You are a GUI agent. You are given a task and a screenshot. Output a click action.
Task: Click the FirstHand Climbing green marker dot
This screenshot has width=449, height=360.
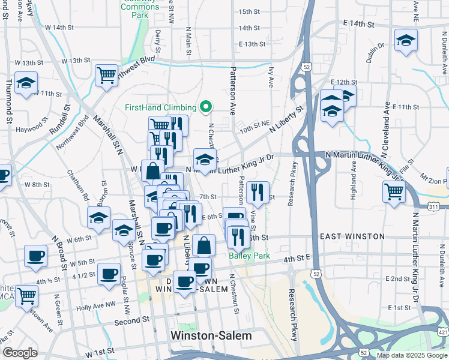206,107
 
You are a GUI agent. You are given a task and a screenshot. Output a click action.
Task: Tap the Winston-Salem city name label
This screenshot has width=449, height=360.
211,335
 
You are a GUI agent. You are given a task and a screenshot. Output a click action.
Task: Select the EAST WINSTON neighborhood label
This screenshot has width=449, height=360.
352,236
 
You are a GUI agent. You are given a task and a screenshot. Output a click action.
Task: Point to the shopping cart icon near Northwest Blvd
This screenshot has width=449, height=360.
106,75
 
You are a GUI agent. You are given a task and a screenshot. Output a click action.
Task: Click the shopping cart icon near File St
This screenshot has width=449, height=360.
394,192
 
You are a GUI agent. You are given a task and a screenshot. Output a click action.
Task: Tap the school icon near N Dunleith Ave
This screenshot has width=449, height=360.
406,40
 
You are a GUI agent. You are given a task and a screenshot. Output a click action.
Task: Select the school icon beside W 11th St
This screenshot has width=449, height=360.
26,83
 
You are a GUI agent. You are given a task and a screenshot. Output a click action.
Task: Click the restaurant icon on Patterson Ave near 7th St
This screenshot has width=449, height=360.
258,192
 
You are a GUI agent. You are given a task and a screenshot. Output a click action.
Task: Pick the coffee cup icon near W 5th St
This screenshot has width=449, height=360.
35,256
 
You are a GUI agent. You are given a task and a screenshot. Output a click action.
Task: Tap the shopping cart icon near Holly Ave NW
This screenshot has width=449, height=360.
26,295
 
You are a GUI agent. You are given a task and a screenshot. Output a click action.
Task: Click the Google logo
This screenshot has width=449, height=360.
20,353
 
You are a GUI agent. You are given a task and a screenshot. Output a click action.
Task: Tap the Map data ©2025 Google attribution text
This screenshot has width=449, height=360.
411,355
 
